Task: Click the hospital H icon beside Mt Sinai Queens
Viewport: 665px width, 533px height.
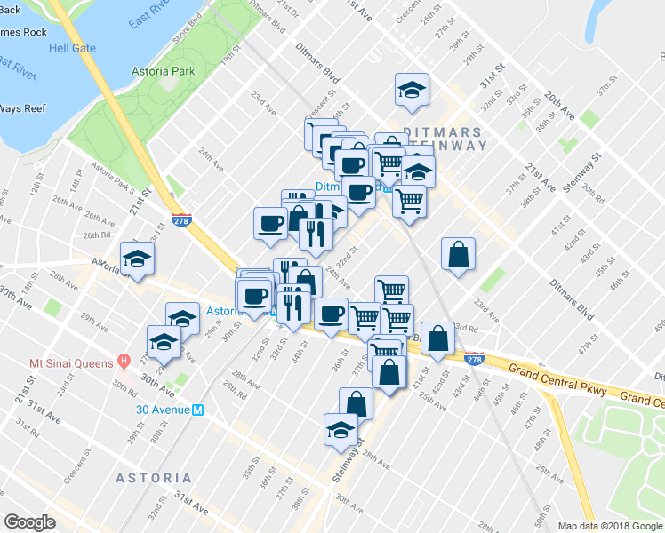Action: click(x=124, y=362)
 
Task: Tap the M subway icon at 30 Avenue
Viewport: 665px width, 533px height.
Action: click(x=198, y=410)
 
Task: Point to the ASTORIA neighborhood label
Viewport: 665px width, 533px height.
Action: click(x=153, y=478)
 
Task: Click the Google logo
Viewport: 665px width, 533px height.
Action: click(x=30, y=522)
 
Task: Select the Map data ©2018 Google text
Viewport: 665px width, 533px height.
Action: click(x=610, y=526)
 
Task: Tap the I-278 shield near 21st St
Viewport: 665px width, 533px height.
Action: click(x=181, y=219)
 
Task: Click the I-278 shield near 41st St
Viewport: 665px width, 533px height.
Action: click(x=474, y=359)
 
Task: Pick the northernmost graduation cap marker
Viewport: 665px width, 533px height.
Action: click(x=412, y=90)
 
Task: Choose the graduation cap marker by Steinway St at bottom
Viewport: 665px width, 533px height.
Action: click(x=340, y=430)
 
